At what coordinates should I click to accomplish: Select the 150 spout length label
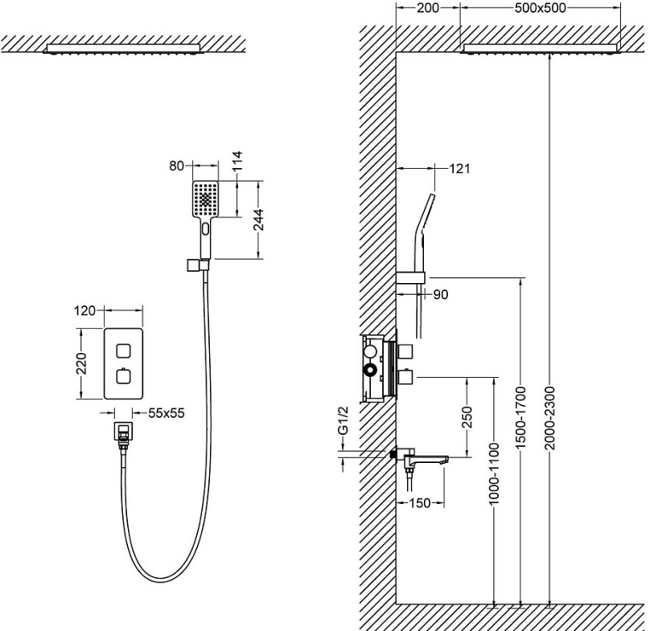(419, 503)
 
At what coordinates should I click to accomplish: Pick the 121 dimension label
(459, 168)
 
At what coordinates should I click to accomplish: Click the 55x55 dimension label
(166, 413)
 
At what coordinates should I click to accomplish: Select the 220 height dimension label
(83, 364)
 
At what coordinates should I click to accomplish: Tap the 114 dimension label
(238, 162)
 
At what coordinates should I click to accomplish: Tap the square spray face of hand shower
(206, 199)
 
